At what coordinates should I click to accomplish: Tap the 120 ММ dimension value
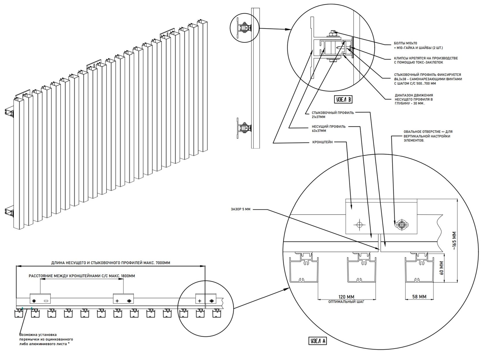pyautogui.click(x=346, y=297)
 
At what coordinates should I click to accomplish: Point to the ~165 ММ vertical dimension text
pyautogui.click(x=454, y=241)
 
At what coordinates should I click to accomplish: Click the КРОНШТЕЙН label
pyautogui.click(x=323, y=142)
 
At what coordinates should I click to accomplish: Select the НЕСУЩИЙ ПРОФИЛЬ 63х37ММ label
pyautogui.click(x=329, y=129)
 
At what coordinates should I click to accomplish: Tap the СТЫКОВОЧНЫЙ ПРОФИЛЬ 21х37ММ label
pyautogui.click(x=333, y=115)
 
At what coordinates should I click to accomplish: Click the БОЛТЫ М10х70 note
pyautogui.click(x=418, y=45)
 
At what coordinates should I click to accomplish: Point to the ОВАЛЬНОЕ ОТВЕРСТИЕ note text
pyautogui.click(x=427, y=136)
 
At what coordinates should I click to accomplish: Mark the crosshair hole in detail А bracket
pyautogui.click(x=359, y=224)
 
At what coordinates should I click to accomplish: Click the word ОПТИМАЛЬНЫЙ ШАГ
pyautogui.click(x=346, y=302)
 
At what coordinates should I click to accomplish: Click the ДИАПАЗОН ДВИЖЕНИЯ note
pyautogui.click(x=414, y=99)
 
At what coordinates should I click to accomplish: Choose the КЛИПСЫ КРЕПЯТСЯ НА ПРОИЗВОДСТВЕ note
pyautogui.click(x=426, y=60)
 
